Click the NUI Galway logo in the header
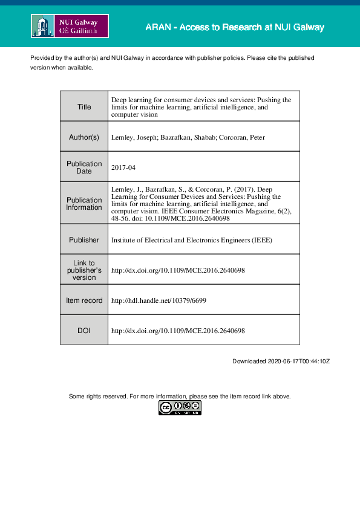click(x=70, y=27)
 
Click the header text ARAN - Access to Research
click(x=234, y=28)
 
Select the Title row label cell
click(x=84, y=107)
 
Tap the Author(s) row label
click(x=84, y=137)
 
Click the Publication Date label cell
click(x=84, y=167)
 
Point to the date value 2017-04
click(x=123, y=167)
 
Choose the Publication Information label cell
click(x=84, y=204)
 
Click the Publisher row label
click(x=84, y=240)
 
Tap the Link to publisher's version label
click(x=84, y=270)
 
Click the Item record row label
click(x=84, y=300)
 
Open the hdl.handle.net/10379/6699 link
click(x=159, y=300)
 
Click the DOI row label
click(x=84, y=331)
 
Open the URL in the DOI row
click(x=178, y=331)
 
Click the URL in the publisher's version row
click(x=178, y=270)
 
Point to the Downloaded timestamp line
click(x=281, y=361)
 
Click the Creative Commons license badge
click(x=180, y=408)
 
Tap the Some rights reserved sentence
click(x=180, y=397)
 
